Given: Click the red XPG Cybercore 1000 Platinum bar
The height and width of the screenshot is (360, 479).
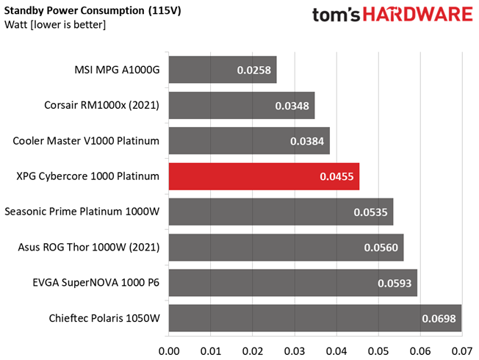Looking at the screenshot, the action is coord(264,176).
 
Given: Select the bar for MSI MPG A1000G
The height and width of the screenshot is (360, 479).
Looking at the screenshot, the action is coord(223,70).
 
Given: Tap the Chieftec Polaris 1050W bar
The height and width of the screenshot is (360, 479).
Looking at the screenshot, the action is coord(315,318).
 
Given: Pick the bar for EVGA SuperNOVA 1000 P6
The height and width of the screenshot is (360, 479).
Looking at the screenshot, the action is coord(293,283).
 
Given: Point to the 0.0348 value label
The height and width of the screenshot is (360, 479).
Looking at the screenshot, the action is coord(292,106).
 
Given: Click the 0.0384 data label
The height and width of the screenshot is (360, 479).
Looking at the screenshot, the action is coord(307,141).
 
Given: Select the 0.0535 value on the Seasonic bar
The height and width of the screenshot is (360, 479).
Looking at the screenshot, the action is coord(370,212).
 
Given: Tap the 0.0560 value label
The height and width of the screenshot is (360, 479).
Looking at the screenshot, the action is coord(381,248).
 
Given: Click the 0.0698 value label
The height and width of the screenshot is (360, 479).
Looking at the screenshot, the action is coord(439,319).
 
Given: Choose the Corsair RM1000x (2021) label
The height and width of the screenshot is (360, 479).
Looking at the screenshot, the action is coord(101,105).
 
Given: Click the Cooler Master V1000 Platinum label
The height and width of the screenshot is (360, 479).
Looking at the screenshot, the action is coord(86,141).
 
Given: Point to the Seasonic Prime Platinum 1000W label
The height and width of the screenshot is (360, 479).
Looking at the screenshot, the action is coord(82,212).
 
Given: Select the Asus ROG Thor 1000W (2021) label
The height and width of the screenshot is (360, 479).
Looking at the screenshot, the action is coord(89,247).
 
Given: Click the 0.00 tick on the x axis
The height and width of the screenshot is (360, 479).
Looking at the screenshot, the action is coord(169,351).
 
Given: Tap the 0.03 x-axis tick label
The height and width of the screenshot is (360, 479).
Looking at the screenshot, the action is coord(295,351).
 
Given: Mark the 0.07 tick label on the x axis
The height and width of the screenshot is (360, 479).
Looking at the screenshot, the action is coord(462,351).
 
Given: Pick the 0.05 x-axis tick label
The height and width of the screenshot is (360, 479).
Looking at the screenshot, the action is coord(378,351).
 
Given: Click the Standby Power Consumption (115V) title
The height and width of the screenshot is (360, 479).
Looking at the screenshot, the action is coord(93,11).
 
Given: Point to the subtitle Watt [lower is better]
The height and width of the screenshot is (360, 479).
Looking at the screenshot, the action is coord(55,24).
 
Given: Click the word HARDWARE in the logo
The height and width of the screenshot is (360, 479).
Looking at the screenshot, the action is coord(418,15).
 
